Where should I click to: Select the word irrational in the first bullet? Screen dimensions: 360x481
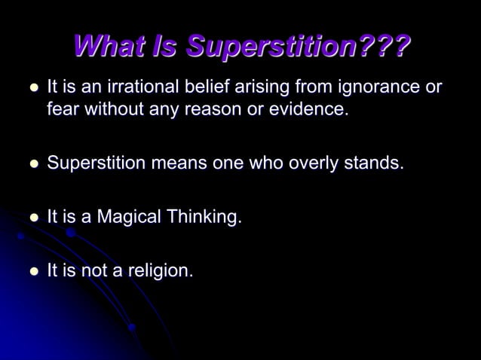[x=138, y=87]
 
